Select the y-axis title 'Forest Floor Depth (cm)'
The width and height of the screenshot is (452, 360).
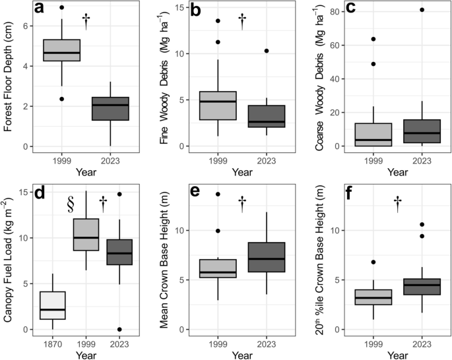pyautogui.click(x=9, y=76)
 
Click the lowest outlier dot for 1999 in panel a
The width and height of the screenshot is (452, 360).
pyautogui.click(x=61, y=99)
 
